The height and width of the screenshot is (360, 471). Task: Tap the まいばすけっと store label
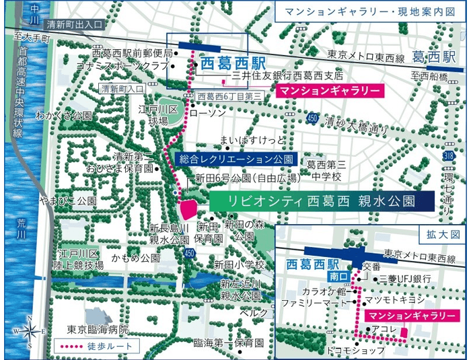pyautogui.click(x=248, y=141)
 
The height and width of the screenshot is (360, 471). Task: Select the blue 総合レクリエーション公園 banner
pyautogui.click(x=235, y=159)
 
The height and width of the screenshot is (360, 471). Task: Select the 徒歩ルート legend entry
pyautogui.click(x=97, y=347)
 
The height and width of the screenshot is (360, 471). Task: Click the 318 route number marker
pyautogui.click(x=449, y=155)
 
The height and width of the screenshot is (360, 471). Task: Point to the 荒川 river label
pyautogui.click(x=21, y=229)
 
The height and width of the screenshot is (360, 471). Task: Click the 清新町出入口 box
pyautogui.click(x=79, y=24)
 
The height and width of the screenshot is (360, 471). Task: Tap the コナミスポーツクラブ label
pyautogui.click(x=131, y=65)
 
